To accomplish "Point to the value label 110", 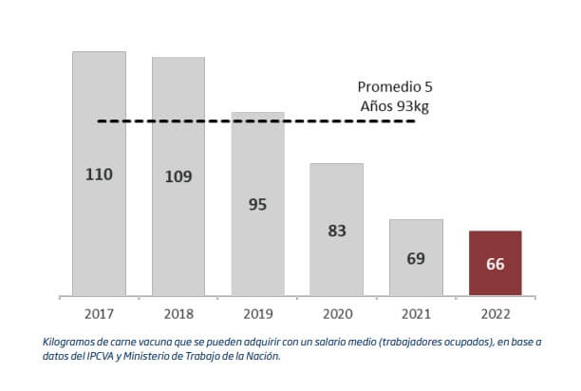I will (x=99, y=175).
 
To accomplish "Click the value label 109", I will (x=178, y=177).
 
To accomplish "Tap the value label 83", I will (x=336, y=230).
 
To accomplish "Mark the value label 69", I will (x=416, y=257).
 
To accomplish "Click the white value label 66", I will (x=495, y=264).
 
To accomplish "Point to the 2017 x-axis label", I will (x=99, y=312).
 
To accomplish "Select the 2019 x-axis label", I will (x=257, y=312).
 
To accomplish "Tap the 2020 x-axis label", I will (x=336, y=312).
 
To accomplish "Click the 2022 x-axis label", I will (x=495, y=312).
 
